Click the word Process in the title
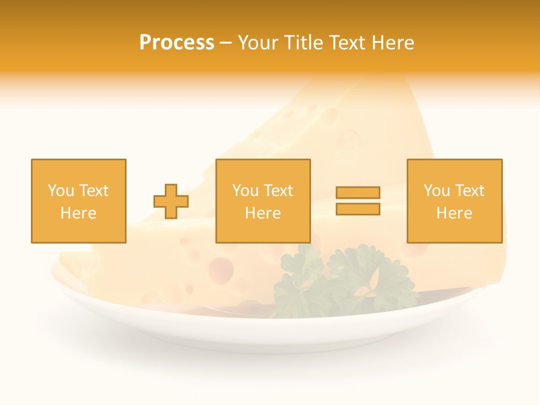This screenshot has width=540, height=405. (177, 43)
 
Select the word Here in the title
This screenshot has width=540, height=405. (394, 43)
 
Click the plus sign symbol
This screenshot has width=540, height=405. (171, 201)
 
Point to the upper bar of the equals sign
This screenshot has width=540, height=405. (358, 192)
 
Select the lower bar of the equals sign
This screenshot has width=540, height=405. (358, 209)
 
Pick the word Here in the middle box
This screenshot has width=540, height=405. (263, 213)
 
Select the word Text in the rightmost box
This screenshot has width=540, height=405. (470, 191)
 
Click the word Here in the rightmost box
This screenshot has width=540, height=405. (454, 213)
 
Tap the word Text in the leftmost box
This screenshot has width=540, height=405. (94, 191)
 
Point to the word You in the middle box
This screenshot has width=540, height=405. (245, 191)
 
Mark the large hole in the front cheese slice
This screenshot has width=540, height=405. (221, 269)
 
